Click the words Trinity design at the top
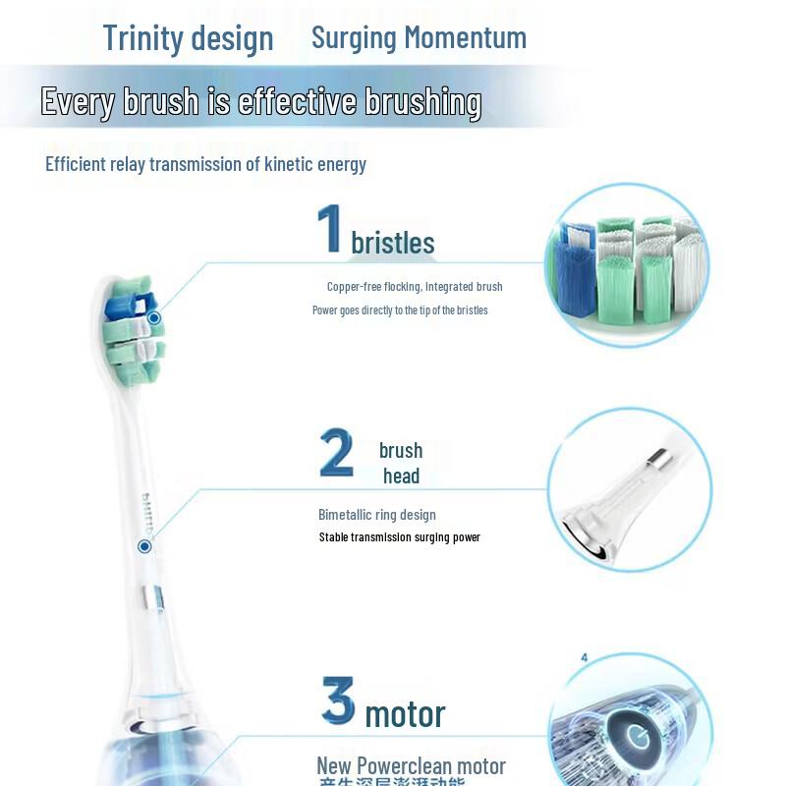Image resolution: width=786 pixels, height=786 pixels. pyautogui.click(x=188, y=38)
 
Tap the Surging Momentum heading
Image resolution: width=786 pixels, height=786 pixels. pyautogui.click(x=419, y=38)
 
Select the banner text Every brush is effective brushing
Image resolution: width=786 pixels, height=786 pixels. pyautogui.click(x=260, y=101)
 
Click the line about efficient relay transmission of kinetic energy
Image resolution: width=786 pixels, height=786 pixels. pyautogui.click(x=205, y=164)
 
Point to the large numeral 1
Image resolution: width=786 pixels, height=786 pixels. pyautogui.click(x=329, y=229)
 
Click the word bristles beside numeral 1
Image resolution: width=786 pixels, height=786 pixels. pyautogui.click(x=393, y=243)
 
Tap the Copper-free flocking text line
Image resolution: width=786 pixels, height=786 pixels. pyautogui.click(x=414, y=287)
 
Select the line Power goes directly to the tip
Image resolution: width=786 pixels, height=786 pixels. pyautogui.click(x=400, y=310)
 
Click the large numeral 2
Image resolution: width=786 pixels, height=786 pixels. pyautogui.click(x=337, y=453)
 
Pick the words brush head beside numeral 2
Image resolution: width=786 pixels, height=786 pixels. pyautogui.click(x=401, y=463)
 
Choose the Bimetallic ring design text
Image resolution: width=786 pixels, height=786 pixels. pyautogui.click(x=377, y=515)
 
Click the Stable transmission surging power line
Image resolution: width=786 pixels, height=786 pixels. pyautogui.click(x=399, y=537)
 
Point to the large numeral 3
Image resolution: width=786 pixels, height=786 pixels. pyautogui.click(x=338, y=701)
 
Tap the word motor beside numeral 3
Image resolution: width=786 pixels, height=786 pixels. pyautogui.click(x=405, y=714)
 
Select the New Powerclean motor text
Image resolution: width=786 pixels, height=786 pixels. pyautogui.click(x=411, y=765)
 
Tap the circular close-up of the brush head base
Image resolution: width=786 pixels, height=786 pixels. pyautogui.click(x=629, y=491)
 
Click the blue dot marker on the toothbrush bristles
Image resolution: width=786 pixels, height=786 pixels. pyautogui.click(x=154, y=318)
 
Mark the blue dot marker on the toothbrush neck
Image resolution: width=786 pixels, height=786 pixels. pyautogui.click(x=144, y=545)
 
